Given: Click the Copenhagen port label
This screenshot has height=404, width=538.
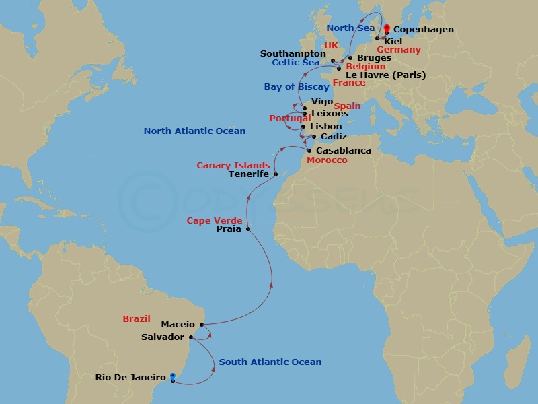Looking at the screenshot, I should coord(423,30).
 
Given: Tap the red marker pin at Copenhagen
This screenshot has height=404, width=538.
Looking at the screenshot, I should coord(387,28).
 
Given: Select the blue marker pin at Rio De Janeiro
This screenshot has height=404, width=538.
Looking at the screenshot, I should coord(173,376).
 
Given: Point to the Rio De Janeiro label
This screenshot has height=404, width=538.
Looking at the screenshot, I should coord(130,378).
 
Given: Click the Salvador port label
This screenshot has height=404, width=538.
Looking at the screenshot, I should coord(163,337).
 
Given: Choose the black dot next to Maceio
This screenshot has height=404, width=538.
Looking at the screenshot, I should coord(201,325).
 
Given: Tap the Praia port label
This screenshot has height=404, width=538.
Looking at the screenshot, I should coord(229,229).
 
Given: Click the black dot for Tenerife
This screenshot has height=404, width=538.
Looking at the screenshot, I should coord(276,174).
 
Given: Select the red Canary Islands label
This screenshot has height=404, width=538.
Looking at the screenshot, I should coord(233,165).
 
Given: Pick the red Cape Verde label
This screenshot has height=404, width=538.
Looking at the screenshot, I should coord(215,220).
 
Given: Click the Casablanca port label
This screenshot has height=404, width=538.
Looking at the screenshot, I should coord(343,151).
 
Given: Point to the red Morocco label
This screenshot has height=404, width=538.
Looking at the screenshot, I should coord(327,160).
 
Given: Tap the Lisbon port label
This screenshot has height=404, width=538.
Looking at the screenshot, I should coord(326,127).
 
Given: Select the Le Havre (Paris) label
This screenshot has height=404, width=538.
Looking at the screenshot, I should coord(385,75).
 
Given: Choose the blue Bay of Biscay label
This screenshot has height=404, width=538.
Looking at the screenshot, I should coord(297,87).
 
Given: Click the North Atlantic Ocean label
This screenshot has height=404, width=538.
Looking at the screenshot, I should coord(194,131).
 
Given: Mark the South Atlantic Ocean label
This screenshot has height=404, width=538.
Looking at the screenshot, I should coord(270,362).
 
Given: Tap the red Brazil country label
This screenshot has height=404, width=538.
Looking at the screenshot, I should coord(137,318).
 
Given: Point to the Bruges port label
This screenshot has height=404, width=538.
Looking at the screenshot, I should coord(375,58).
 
